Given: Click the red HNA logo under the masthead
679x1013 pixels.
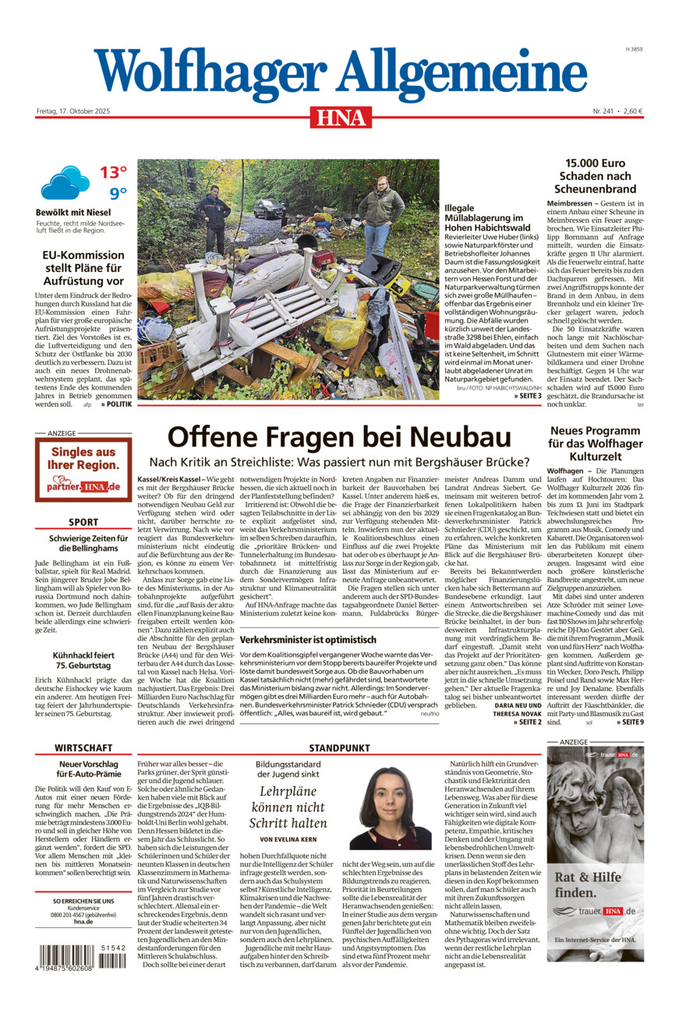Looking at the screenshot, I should point(340,118).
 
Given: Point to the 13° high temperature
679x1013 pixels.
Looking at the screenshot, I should point(113,172).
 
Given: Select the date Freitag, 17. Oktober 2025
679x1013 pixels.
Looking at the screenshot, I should point(73,111).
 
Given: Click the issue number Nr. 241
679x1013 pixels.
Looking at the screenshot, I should point(603,111).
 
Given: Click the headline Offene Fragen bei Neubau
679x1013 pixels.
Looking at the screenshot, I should point(339,437).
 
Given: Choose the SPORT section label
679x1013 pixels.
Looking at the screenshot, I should point(83,522).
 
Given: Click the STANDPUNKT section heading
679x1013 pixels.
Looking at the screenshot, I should point(339,747).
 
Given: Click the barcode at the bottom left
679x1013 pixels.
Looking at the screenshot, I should point(80,957).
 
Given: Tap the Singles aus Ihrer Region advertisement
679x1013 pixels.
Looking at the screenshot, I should point(83,469).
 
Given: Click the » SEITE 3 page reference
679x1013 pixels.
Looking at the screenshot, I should point(528,397).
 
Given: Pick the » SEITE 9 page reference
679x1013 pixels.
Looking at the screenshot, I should point(629,722).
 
